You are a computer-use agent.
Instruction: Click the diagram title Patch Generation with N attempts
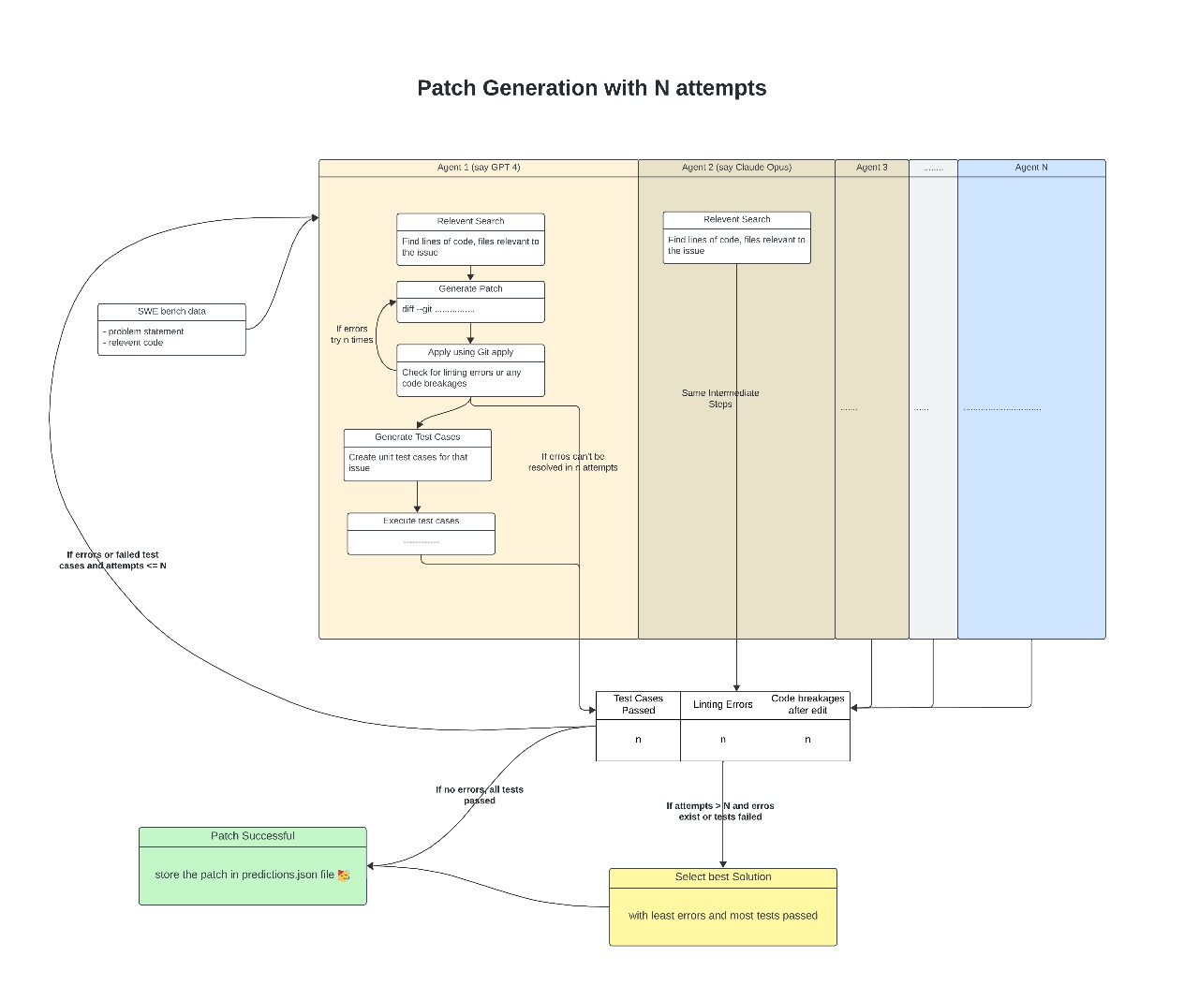(591, 88)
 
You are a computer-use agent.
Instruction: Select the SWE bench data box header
(171, 311)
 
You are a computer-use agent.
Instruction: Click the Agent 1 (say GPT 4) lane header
(479, 168)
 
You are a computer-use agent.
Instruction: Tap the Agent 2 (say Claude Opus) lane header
(736, 168)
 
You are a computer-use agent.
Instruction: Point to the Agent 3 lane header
(871, 168)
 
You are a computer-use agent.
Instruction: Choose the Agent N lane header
(1031, 168)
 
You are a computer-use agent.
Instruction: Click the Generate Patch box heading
(470, 288)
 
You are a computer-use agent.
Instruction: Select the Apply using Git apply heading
(470, 352)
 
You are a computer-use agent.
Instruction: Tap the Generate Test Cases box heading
(418, 436)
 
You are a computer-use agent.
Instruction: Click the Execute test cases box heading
(421, 521)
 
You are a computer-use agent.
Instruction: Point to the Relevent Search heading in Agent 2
(737, 219)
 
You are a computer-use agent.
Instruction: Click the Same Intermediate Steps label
(720, 399)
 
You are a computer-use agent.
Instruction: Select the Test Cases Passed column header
(638, 704)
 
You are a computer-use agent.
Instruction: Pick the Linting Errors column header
(722, 704)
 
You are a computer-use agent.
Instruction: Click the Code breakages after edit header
(807, 704)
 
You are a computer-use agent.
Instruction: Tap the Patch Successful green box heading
(252, 836)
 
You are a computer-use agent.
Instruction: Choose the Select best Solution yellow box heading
(723, 876)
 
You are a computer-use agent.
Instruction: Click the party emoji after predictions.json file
(344, 876)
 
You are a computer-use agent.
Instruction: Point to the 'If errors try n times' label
(351, 334)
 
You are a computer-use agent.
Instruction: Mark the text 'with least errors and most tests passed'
(723, 916)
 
